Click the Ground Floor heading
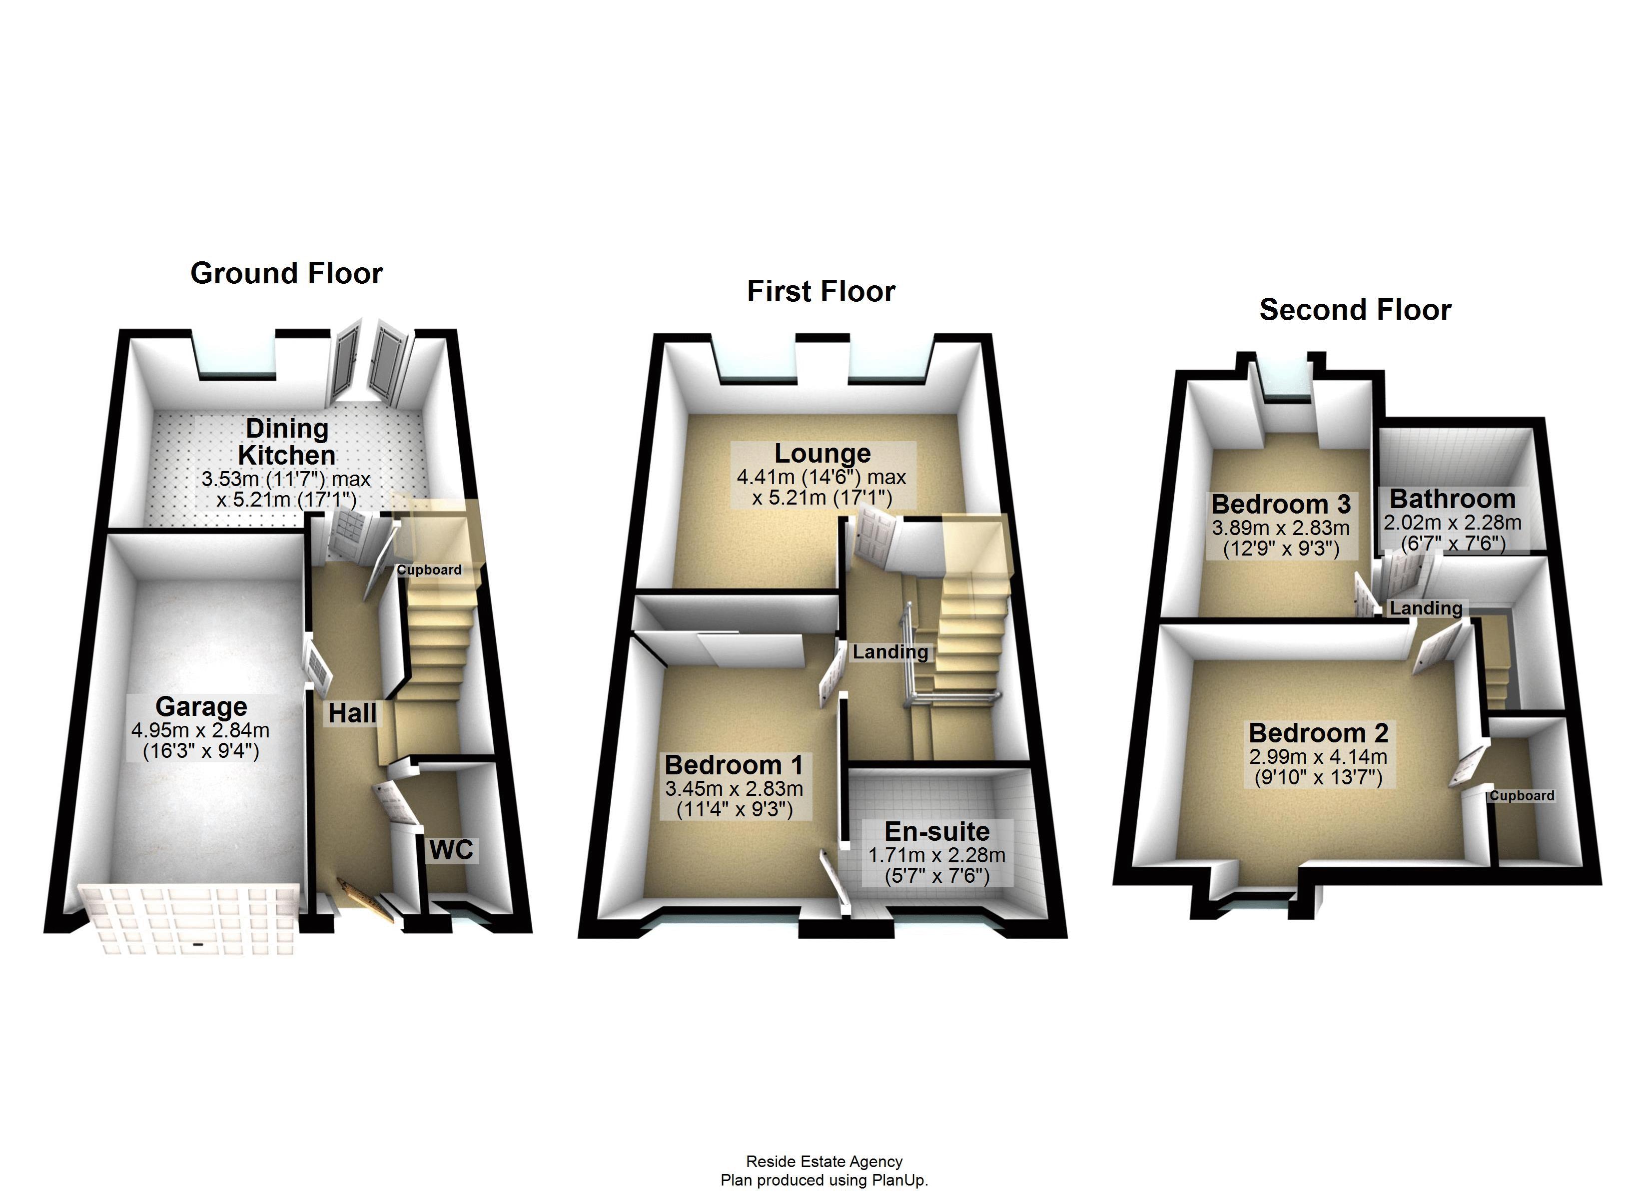click(286, 273)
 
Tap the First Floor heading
click(821, 292)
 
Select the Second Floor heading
click(1355, 310)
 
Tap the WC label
click(451, 849)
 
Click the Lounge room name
click(823, 453)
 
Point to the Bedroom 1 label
click(734, 765)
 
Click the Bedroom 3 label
click(1280, 504)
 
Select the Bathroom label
click(1453, 499)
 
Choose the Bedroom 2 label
click(1318, 732)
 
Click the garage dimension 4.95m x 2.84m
click(201, 730)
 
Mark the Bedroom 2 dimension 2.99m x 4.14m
click(1318, 757)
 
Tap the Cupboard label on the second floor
click(1522, 795)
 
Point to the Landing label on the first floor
click(890, 652)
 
